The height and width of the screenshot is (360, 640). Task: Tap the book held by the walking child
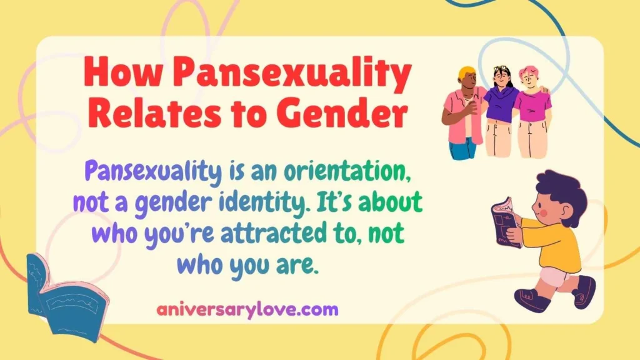coord(505,221)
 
